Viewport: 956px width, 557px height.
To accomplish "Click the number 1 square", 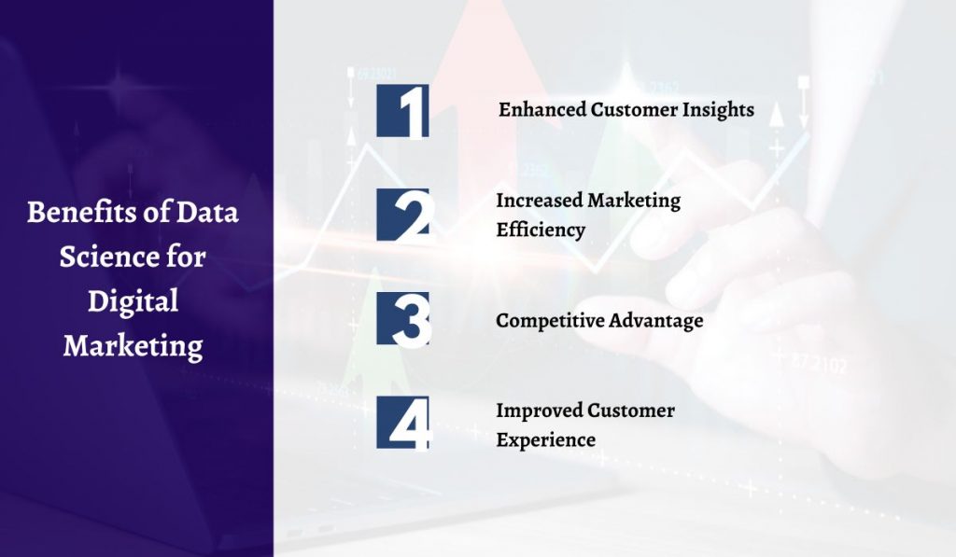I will pyautogui.click(x=402, y=110).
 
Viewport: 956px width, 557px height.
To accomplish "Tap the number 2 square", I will pyautogui.click(x=402, y=214).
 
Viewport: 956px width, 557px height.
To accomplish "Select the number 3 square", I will pyautogui.click(x=402, y=318).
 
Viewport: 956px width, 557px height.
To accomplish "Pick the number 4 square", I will pyautogui.click(x=402, y=422).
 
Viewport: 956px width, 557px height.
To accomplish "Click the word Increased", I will pyautogui.click(x=539, y=200).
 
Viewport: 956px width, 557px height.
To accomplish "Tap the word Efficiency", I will pyautogui.click(x=541, y=229).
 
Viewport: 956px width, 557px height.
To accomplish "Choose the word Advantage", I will pyautogui.click(x=655, y=320).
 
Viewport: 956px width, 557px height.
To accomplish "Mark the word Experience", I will pyautogui.click(x=545, y=439).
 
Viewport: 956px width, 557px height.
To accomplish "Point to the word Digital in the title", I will pyautogui.click(x=133, y=301).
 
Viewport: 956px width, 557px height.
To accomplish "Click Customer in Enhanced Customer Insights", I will pyautogui.click(x=636, y=109).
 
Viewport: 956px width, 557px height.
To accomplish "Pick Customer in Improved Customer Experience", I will pyautogui.click(x=631, y=410).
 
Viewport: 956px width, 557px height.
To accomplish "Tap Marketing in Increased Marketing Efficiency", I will pyautogui.click(x=634, y=200).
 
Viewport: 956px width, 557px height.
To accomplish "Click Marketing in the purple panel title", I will pyautogui.click(x=133, y=346).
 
